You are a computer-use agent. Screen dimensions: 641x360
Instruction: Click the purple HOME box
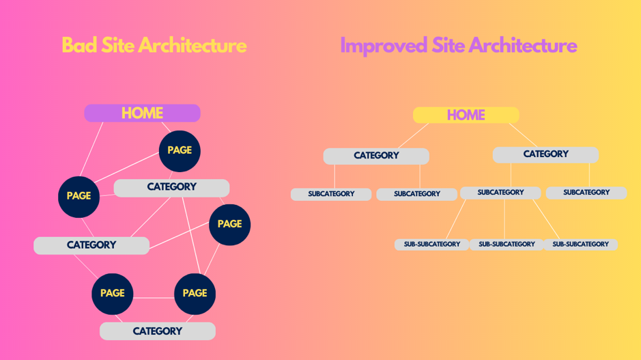click(x=142, y=113)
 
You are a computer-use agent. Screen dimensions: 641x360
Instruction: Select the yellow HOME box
click(x=466, y=115)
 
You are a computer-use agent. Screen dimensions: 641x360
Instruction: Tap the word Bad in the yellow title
click(x=79, y=45)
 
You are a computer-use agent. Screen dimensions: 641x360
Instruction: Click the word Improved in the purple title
click(x=384, y=45)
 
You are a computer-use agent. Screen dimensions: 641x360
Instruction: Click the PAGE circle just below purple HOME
click(x=180, y=151)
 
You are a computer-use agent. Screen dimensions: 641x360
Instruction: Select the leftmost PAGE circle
click(x=79, y=197)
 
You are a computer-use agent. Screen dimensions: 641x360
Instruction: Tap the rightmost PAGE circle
click(x=230, y=225)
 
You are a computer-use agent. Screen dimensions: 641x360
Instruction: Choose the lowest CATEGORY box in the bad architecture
click(x=158, y=331)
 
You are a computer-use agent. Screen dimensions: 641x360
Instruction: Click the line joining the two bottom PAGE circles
click(x=154, y=298)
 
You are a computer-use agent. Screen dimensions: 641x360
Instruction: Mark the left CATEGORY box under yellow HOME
click(x=376, y=156)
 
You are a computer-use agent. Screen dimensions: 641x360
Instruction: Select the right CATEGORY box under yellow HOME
click(x=545, y=154)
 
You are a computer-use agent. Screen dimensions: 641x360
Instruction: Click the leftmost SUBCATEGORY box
click(x=331, y=194)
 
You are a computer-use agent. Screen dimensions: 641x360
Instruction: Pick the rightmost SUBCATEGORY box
click(x=586, y=193)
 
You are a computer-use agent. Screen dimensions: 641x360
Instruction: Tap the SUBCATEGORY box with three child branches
click(x=500, y=193)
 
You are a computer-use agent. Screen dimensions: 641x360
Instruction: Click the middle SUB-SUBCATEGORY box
click(x=507, y=245)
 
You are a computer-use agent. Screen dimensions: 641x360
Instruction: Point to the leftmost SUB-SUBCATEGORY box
click(x=431, y=245)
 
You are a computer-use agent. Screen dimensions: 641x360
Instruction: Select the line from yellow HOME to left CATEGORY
click(x=413, y=135)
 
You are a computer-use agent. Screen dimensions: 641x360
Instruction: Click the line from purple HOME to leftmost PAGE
click(x=91, y=149)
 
